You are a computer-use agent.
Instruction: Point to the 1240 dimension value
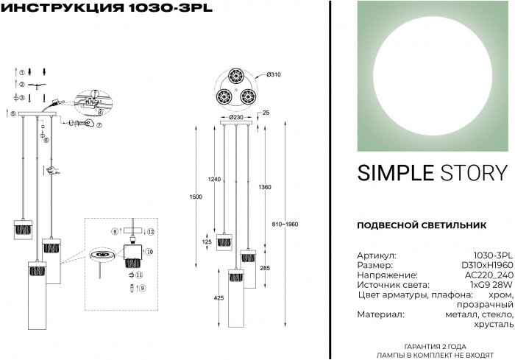tap(214, 180)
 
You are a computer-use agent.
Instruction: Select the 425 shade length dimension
tap(219, 299)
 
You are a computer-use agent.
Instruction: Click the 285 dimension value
tap(266, 269)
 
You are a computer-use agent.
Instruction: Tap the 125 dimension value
tap(208, 241)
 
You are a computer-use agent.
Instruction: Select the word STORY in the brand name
tap(475, 173)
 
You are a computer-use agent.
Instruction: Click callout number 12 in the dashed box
tap(150, 232)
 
